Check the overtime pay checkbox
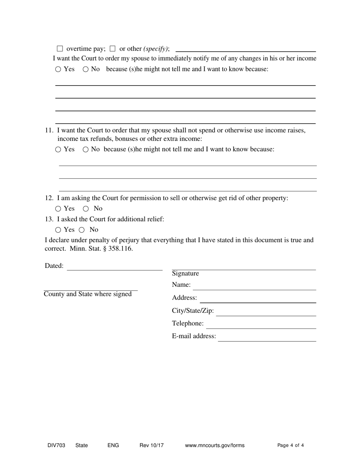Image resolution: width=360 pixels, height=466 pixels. point(59,48)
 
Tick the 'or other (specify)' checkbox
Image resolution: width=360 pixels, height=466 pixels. point(112,48)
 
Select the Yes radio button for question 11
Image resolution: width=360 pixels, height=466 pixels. point(58,149)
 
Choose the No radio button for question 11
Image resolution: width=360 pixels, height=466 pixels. point(86,149)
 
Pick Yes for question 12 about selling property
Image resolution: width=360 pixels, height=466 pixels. point(58,208)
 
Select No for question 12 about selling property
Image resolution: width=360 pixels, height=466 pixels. point(86,208)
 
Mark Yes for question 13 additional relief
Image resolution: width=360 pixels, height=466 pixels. point(58,230)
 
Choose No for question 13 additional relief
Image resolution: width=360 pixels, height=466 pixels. point(81,230)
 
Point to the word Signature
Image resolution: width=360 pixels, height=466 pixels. point(185,274)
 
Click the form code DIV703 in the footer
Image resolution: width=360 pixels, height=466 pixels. point(56,446)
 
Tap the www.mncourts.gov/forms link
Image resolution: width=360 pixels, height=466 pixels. point(215,446)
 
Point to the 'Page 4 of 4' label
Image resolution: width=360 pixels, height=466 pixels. point(291,446)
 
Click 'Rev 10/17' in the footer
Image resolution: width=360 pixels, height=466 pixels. point(152,446)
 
